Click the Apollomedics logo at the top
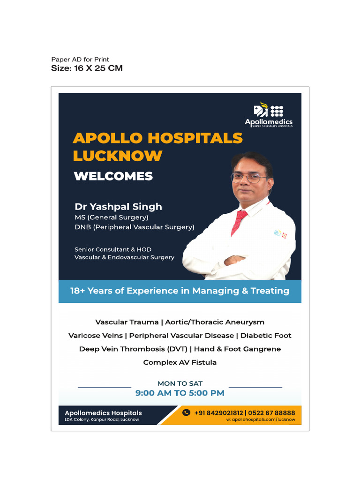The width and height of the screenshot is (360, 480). (269, 114)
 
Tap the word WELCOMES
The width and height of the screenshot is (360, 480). (113, 176)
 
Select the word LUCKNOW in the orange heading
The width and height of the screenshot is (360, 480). (118, 156)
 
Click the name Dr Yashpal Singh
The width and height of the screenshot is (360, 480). (118, 206)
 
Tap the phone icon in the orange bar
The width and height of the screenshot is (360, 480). (186, 412)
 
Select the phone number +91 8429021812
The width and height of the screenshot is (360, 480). (218, 413)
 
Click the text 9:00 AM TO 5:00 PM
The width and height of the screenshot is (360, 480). (180, 393)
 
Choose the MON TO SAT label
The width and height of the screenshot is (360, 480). (180, 383)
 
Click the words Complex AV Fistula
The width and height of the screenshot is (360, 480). (180, 362)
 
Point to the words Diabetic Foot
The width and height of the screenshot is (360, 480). (265, 336)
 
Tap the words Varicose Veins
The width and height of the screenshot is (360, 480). (96, 336)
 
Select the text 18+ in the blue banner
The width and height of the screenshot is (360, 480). (78, 291)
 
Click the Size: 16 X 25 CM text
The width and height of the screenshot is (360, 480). (87, 68)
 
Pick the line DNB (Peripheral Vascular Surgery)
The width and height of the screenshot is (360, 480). (134, 227)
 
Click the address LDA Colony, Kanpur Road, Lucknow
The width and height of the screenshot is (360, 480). (102, 420)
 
